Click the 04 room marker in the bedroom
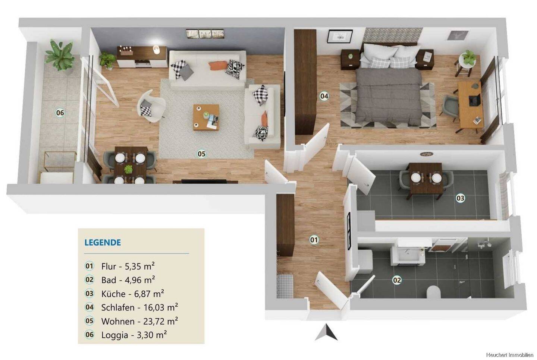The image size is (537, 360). [x=324, y=96]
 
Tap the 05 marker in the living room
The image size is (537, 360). [x=201, y=154]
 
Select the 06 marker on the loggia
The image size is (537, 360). [x=60, y=113]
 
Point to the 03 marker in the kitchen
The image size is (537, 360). [x=460, y=198]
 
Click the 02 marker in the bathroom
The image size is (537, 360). [x=397, y=280]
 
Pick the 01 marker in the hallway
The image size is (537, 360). [x=314, y=240]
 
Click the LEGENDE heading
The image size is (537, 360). [x=103, y=242]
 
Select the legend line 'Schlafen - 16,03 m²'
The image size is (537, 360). [x=139, y=307]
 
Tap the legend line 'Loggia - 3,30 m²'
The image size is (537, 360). [x=134, y=335]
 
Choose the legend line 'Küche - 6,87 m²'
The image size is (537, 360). [x=133, y=294]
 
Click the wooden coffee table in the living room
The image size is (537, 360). [x=206, y=117]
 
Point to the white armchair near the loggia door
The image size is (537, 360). [x=151, y=106]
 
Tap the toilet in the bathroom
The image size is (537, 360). [x=434, y=292]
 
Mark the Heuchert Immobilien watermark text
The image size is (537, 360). [x=511, y=354]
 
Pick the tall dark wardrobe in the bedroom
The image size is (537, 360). [x=305, y=82]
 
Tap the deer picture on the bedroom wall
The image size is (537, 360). [x=458, y=35]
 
